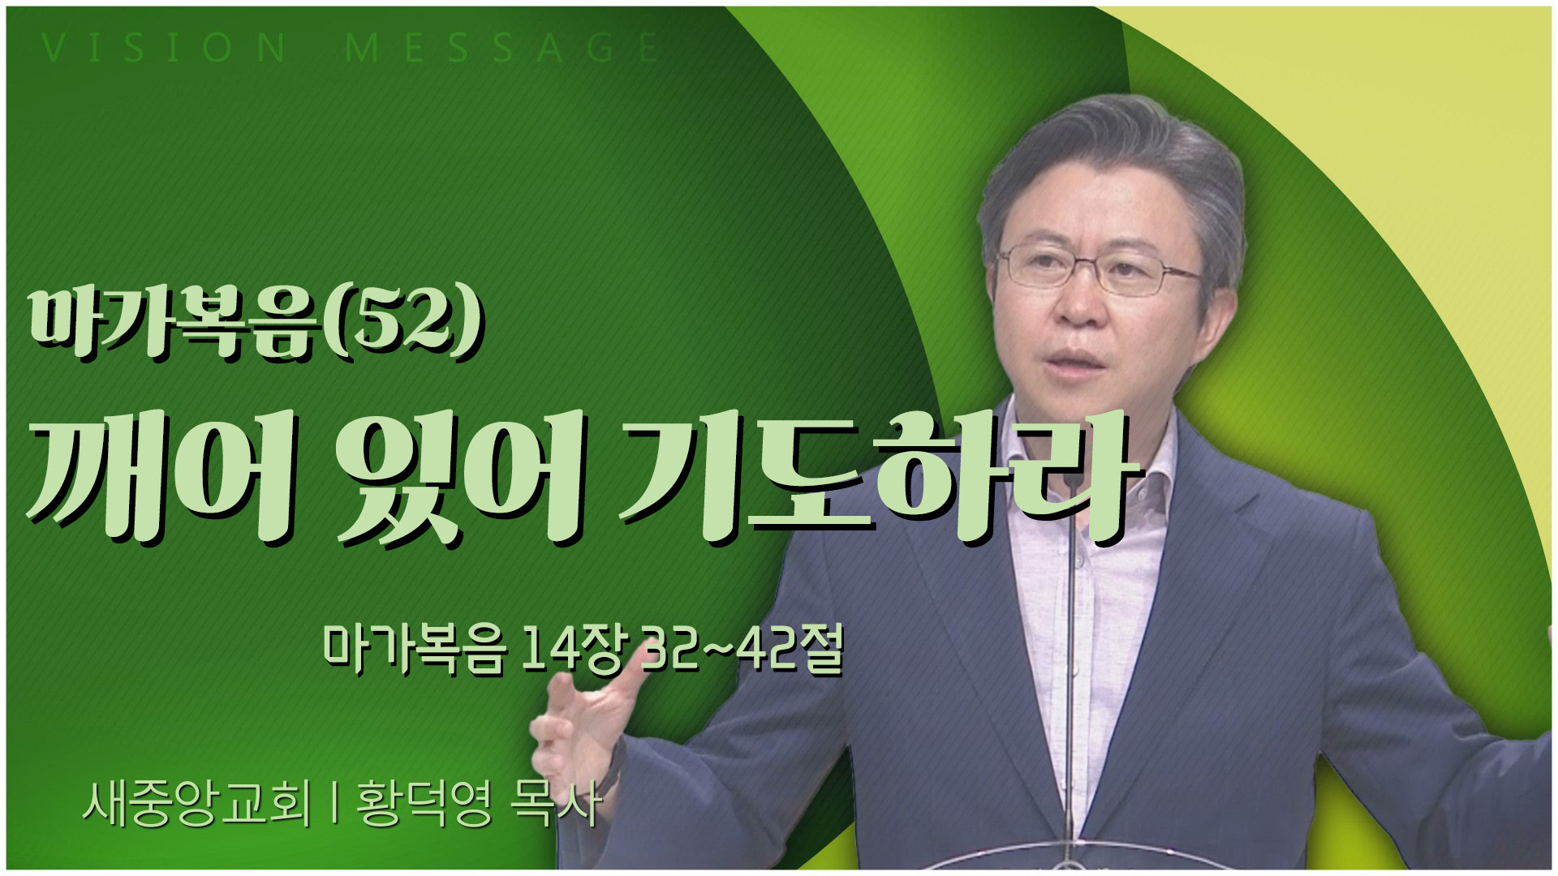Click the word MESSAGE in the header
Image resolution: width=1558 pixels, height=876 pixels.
tap(503, 49)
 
